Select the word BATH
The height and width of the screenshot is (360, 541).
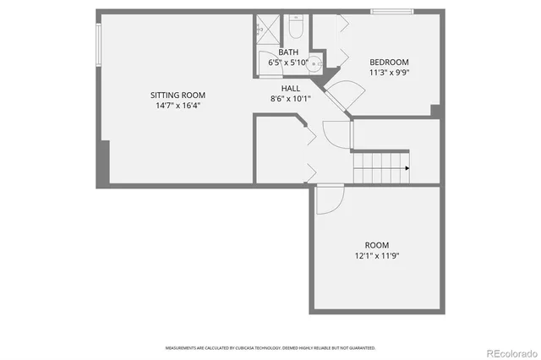[277, 52]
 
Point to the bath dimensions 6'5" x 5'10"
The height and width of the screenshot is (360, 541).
[277, 63]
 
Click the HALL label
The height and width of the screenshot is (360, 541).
[291, 88]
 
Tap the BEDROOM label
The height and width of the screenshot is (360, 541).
[389, 63]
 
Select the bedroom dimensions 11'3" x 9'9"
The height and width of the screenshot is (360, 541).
[389, 73]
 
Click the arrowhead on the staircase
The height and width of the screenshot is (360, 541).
[407, 168]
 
